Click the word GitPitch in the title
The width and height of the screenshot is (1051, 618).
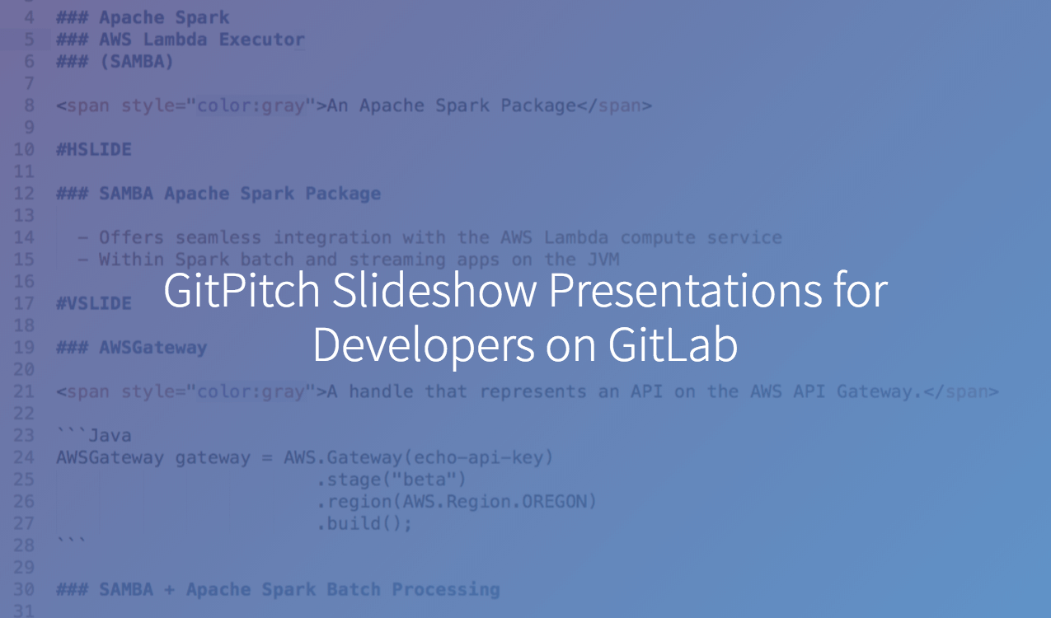[x=242, y=291]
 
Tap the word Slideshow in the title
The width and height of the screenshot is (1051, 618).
[x=434, y=290]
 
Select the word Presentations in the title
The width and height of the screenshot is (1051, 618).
[x=685, y=290]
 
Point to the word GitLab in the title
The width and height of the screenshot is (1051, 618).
[x=673, y=344]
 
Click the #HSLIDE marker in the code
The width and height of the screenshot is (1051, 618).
[x=94, y=150]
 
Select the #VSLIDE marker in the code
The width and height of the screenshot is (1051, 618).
[x=94, y=303]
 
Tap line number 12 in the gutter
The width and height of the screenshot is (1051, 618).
[x=24, y=193]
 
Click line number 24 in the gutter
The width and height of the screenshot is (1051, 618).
[x=24, y=457]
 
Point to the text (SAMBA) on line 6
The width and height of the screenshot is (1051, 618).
[x=137, y=62]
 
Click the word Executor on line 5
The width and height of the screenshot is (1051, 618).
[x=262, y=40]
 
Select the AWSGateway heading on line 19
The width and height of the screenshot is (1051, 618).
[x=153, y=348]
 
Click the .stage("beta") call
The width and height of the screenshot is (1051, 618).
[x=392, y=480]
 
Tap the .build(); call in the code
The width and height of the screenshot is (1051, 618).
[x=364, y=523]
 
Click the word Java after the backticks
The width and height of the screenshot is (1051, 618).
[x=110, y=436]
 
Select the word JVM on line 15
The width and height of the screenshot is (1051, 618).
[x=604, y=260]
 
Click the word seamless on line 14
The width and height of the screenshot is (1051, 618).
[x=218, y=237]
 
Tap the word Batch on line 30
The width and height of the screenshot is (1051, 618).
[x=354, y=589]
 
